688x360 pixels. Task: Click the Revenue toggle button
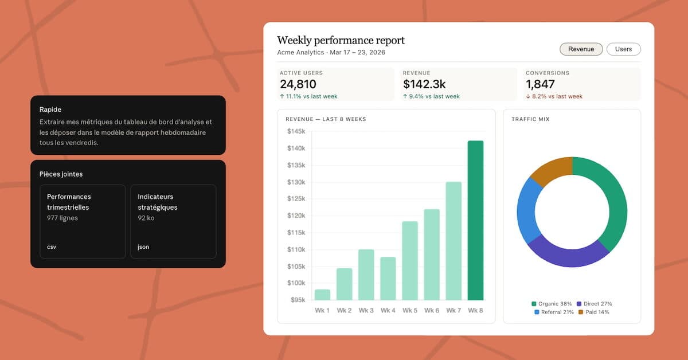[x=581, y=49]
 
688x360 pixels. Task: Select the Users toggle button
[x=624, y=49]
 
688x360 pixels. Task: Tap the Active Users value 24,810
[x=298, y=84]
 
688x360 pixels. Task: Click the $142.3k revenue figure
[x=424, y=84]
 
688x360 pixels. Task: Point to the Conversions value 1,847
[x=540, y=84]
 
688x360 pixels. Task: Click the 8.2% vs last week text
[x=557, y=96]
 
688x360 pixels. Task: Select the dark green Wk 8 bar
[x=475, y=220]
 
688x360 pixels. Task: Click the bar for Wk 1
[x=322, y=295]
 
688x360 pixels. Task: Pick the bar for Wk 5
[x=410, y=260]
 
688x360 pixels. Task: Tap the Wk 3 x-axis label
[x=366, y=311]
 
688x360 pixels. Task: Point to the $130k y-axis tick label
[x=296, y=182]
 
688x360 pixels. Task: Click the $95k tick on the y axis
[x=298, y=300]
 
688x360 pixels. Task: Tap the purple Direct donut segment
[x=568, y=256]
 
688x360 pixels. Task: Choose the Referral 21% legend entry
[x=554, y=312]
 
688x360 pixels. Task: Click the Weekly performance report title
[x=341, y=40]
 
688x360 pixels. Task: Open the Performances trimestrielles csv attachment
[x=83, y=221]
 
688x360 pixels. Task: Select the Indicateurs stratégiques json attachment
[x=174, y=221]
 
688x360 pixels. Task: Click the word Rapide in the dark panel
[x=50, y=109]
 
